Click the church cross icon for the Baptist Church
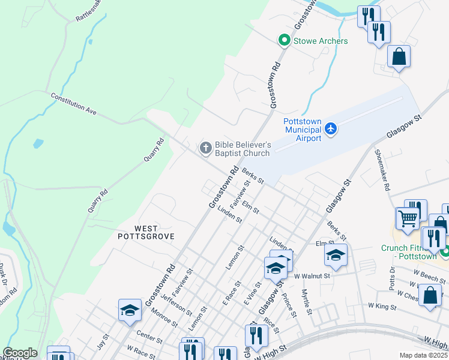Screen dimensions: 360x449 [205, 148]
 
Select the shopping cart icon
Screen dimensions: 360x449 [408, 219]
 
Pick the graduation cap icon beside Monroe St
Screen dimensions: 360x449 [130, 310]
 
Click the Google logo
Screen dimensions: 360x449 [20, 353]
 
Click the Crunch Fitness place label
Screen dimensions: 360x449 [409, 252]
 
